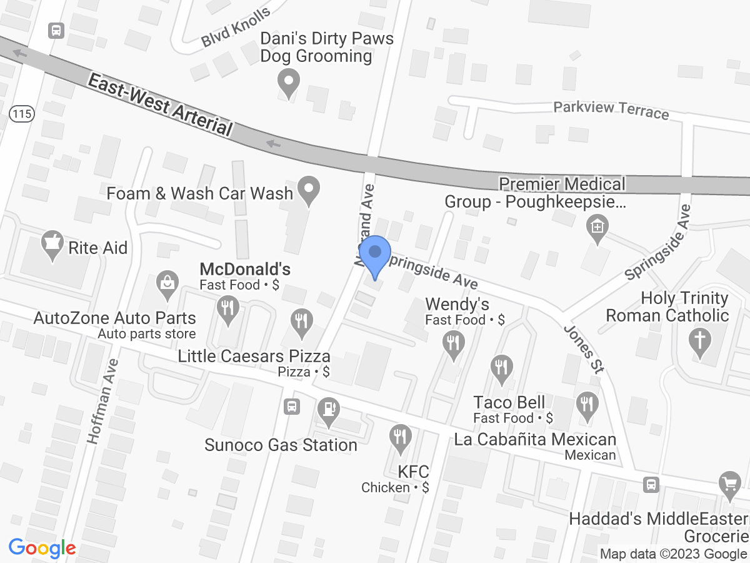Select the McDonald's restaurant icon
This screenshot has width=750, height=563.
pos(227,308)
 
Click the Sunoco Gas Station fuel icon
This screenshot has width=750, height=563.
pos(327,410)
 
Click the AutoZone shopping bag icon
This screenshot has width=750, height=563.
pos(167,283)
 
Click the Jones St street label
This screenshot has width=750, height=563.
pos(584,349)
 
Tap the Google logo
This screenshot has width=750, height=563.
pos(42,549)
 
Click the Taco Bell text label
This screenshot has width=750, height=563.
pos(509,402)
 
